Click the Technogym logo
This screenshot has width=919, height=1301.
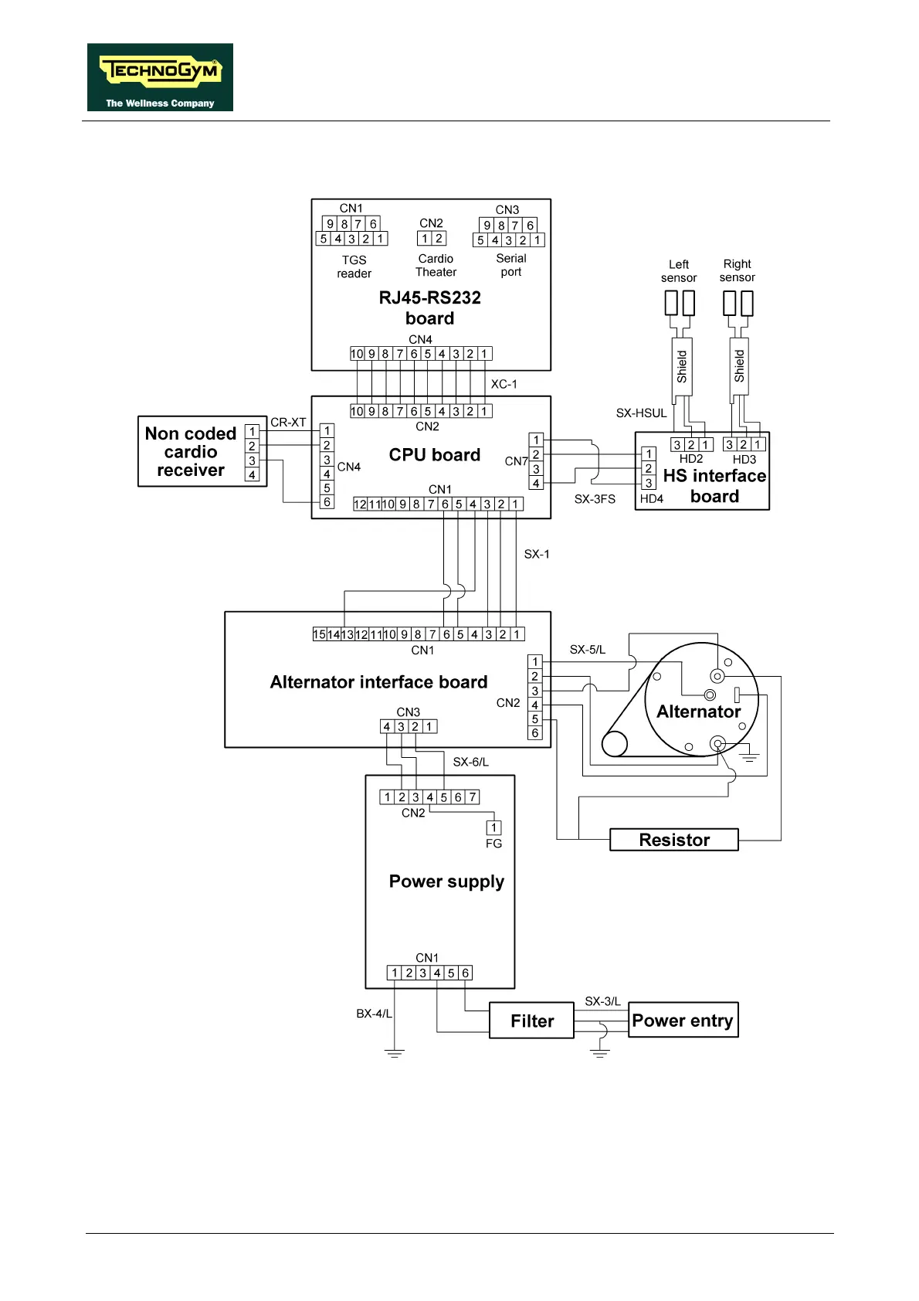coord(160,77)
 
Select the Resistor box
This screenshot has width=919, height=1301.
coord(674,840)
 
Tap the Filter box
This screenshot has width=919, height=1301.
coord(532,1021)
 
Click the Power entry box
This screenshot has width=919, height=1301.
coord(683,1020)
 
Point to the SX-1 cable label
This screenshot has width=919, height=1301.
coord(537,554)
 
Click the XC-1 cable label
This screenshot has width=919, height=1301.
coord(504,384)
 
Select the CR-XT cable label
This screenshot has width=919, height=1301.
coord(288,423)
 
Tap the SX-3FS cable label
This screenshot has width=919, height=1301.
coord(595,499)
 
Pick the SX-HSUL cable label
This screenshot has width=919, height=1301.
coord(641,413)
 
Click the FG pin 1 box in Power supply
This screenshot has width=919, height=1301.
coord(494,827)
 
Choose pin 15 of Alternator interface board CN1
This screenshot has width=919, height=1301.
coord(319,634)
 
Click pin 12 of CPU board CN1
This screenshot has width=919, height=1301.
coord(360,504)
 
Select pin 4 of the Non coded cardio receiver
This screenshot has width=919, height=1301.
coord(252,474)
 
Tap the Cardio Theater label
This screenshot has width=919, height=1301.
coord(436,266)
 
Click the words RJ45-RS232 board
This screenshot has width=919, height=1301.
coord(430,307)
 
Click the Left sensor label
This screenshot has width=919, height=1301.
coord(679,271)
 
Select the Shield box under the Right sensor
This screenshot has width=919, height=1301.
coord(739,366)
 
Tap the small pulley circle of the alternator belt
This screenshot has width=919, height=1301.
coord(614,743)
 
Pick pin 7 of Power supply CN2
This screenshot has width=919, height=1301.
coord(473,797)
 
